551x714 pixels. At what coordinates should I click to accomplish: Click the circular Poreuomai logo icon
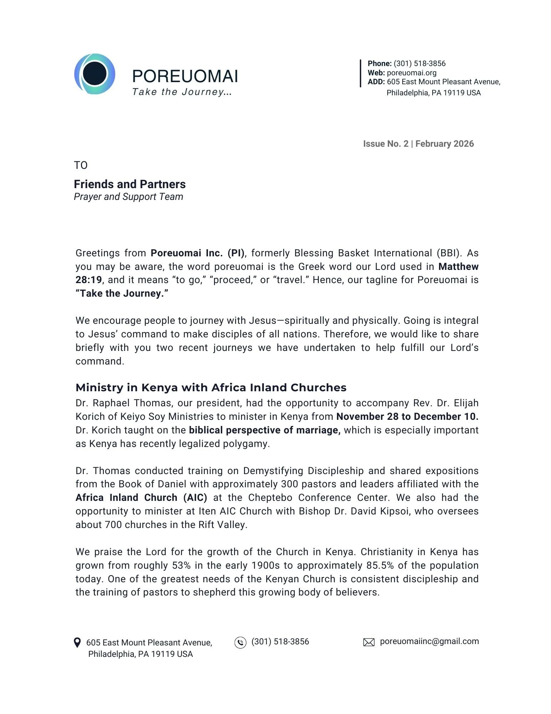pos(95,74)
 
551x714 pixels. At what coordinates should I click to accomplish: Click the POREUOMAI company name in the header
pos(185,76)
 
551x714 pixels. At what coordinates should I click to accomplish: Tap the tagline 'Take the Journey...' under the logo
pos(182,92)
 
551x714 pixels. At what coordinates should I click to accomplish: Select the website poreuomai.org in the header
pos(412,73)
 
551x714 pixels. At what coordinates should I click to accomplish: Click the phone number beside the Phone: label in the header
pos(419,64)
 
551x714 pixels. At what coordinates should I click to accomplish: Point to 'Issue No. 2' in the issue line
pos(386,144)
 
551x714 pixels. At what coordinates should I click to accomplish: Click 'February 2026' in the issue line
pos(444,144)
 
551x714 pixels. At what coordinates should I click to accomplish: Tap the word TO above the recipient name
pos(81,165)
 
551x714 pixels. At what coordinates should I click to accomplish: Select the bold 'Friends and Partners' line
pos(129,184)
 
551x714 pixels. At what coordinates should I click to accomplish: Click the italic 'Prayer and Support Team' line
pos(128,197)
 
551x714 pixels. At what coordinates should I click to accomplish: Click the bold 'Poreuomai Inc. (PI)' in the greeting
pos(198,253)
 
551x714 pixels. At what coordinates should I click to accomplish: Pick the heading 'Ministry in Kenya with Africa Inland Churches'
pos(211,387)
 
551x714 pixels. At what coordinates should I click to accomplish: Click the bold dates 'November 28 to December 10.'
pos(407,417)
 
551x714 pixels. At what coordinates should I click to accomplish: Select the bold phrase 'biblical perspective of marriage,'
pos(265,430)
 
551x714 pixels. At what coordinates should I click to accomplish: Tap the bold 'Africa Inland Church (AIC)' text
pos(141,498)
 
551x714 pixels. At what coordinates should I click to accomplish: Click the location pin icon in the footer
pos(77,643)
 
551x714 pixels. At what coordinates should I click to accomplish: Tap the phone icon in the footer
pos(240,643)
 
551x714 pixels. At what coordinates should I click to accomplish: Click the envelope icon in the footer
pos(369,643)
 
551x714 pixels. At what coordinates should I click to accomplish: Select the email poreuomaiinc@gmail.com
pos(429,642)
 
